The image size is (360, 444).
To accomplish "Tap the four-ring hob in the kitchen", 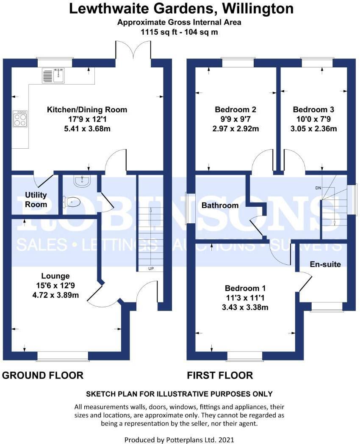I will (19, 118).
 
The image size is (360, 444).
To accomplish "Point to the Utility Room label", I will (36, 200).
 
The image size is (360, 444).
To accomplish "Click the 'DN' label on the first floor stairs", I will (318, 188).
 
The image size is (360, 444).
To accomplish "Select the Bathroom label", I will (220, 205).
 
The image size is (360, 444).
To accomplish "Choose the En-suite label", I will (325, 264).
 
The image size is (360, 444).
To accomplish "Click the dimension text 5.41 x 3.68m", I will (86, 128).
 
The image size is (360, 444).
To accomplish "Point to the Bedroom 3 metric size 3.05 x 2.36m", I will (316, 128).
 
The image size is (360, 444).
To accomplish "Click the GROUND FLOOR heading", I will (43, 375).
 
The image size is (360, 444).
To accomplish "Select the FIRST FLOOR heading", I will (220, 375).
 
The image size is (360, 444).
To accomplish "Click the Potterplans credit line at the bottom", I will (180, 440).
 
